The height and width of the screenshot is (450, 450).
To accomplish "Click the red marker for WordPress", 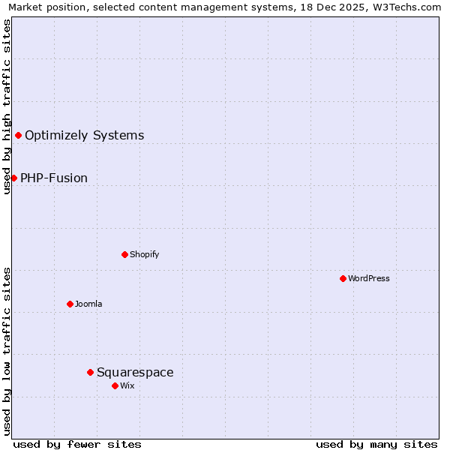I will [x=343, y=278].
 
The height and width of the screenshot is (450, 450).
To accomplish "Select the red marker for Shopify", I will [x=124, y=254].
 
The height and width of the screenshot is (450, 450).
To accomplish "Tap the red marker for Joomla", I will [x=70, y=304].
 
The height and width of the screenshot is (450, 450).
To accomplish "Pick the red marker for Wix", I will [x=115, y=385].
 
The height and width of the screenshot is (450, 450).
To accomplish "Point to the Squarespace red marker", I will [x=90, y=372].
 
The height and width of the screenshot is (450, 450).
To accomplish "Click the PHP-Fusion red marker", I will [x=13, y=178].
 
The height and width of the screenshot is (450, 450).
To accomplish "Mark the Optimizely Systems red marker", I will [x=18, y=135].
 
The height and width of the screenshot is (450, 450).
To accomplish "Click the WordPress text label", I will [x=369, y=278].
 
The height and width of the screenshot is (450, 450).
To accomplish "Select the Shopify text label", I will [x=145, y=254].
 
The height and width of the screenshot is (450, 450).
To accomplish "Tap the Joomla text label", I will [x=88, y=304].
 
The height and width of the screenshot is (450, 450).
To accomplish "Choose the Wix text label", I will [x=127, y=385].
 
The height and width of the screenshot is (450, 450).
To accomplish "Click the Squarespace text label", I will [x=135, y=372].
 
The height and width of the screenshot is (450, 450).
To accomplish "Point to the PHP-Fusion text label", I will [x=54, y=178].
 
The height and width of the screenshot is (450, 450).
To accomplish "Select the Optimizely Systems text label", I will [x=85, y=135].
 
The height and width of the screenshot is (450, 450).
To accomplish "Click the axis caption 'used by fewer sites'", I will [x=77, y=444].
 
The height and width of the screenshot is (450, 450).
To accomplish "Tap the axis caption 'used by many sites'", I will [x=376, y=444].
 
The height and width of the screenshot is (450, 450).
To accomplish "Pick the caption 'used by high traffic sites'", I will [x=7, y=106].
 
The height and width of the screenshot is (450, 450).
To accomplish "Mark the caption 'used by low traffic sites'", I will [x=7, y=351].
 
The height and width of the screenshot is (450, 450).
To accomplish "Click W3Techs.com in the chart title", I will [x=406, y=7].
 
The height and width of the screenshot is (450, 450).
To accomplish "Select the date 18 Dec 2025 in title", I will [x=326, y=7].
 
